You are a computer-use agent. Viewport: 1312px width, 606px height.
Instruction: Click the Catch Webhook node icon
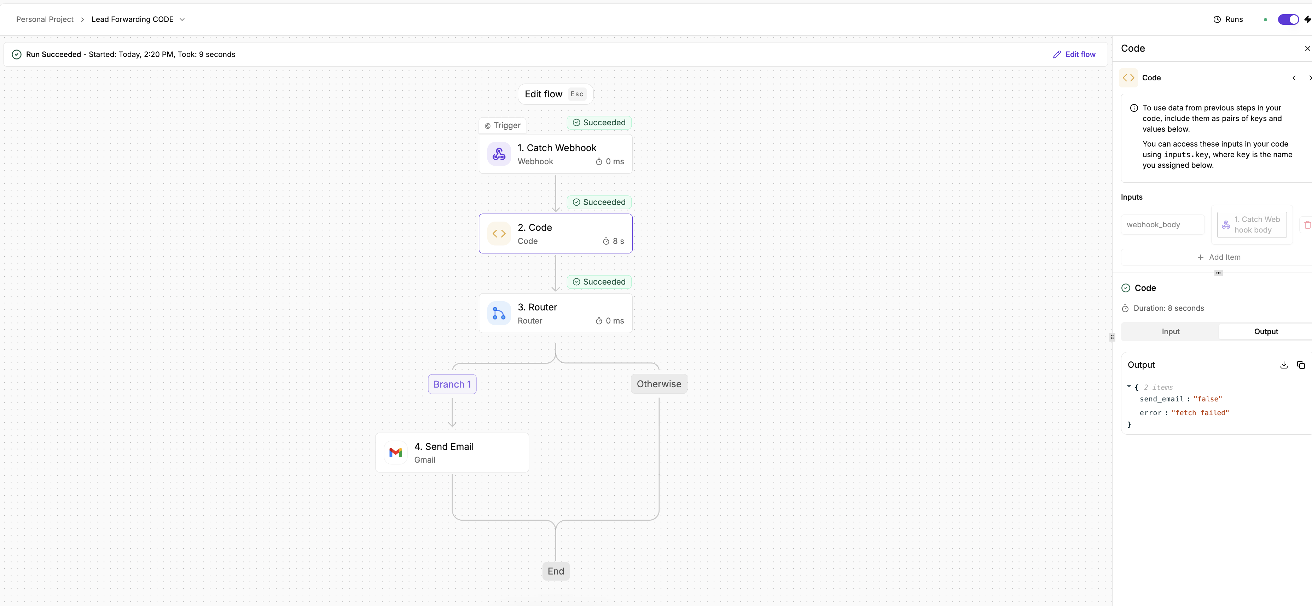(499, 154)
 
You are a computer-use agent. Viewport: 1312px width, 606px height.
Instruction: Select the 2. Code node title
(535, 227)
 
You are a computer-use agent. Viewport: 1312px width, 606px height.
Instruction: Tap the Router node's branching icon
(499, 314)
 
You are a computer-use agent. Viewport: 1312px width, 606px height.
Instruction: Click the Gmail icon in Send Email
(395, 453)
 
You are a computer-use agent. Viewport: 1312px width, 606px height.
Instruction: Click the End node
(556, 571)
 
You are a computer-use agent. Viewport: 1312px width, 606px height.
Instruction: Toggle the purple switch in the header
(1289, 19)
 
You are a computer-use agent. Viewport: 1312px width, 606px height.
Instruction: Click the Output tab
(1266, 331)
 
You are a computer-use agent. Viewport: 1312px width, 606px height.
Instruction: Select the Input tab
(1171, 331)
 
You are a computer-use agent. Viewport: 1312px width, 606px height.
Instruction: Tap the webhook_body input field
(1163, 225)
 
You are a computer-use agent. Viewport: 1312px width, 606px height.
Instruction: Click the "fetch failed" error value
(1200, 413)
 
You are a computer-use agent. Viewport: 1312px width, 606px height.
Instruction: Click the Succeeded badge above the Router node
(599, 282)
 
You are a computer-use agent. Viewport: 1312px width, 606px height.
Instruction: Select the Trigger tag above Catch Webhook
(503, 125)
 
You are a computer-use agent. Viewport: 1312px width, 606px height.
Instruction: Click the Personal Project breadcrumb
(45, 19)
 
